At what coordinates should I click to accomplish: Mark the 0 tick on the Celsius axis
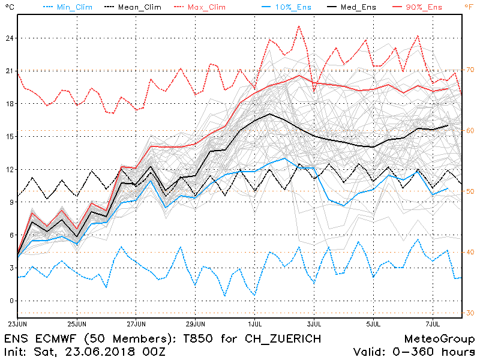coord(8,301)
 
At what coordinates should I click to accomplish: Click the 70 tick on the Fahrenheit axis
coord(470,70)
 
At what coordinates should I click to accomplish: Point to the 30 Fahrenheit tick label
coord(470,313)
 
